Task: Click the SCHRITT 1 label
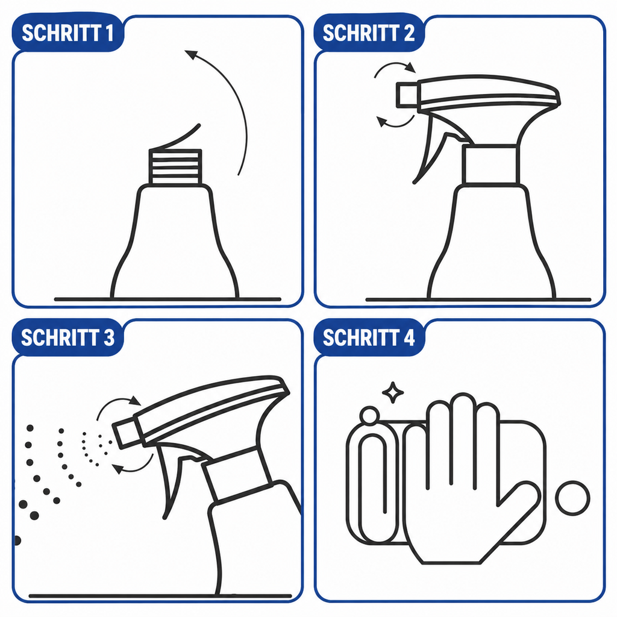67,33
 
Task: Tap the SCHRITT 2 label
369,33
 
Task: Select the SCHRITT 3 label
67,337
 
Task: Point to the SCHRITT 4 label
369,337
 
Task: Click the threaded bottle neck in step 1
175,168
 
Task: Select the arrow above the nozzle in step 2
395,64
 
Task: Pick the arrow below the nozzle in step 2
395,125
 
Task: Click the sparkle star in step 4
393,392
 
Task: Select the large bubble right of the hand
572,498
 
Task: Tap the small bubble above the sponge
369,416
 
